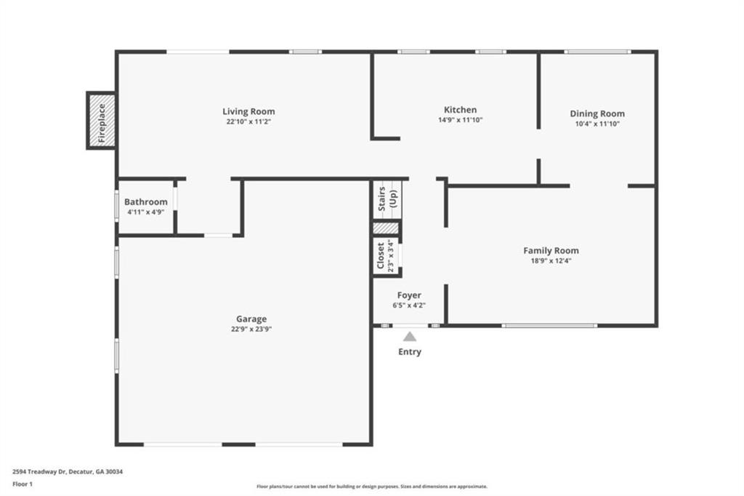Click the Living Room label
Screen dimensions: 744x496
[x=248, y=112]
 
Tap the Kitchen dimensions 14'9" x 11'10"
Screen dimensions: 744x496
[x=460, y=120]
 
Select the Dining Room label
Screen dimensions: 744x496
[x=597, y=114]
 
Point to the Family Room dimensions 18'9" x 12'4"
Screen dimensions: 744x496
[x=551, y=261]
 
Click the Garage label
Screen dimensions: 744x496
[x=251, y=319]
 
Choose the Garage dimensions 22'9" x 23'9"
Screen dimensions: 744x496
[x=251, y=329]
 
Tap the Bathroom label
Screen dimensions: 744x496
[x=145, y=202]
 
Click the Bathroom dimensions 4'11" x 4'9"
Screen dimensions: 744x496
[x=145, y=212]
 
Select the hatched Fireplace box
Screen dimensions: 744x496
[x=102, y=120]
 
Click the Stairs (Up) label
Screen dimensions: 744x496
[x=387, y=199]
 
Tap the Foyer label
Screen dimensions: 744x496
[x=409, y=295]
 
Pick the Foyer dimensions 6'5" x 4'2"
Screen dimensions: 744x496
[x=409, y=305]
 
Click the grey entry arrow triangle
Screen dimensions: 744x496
[x=410, y=337]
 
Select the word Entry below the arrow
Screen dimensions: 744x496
[x=410, y=352]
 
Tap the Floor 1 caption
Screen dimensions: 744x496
[x=23, y=484]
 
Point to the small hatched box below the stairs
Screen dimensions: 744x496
[x=386, y=228]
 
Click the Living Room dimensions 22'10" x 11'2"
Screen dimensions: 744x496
[x=248, y=122]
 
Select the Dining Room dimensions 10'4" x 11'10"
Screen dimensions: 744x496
[x=597, y=124]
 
